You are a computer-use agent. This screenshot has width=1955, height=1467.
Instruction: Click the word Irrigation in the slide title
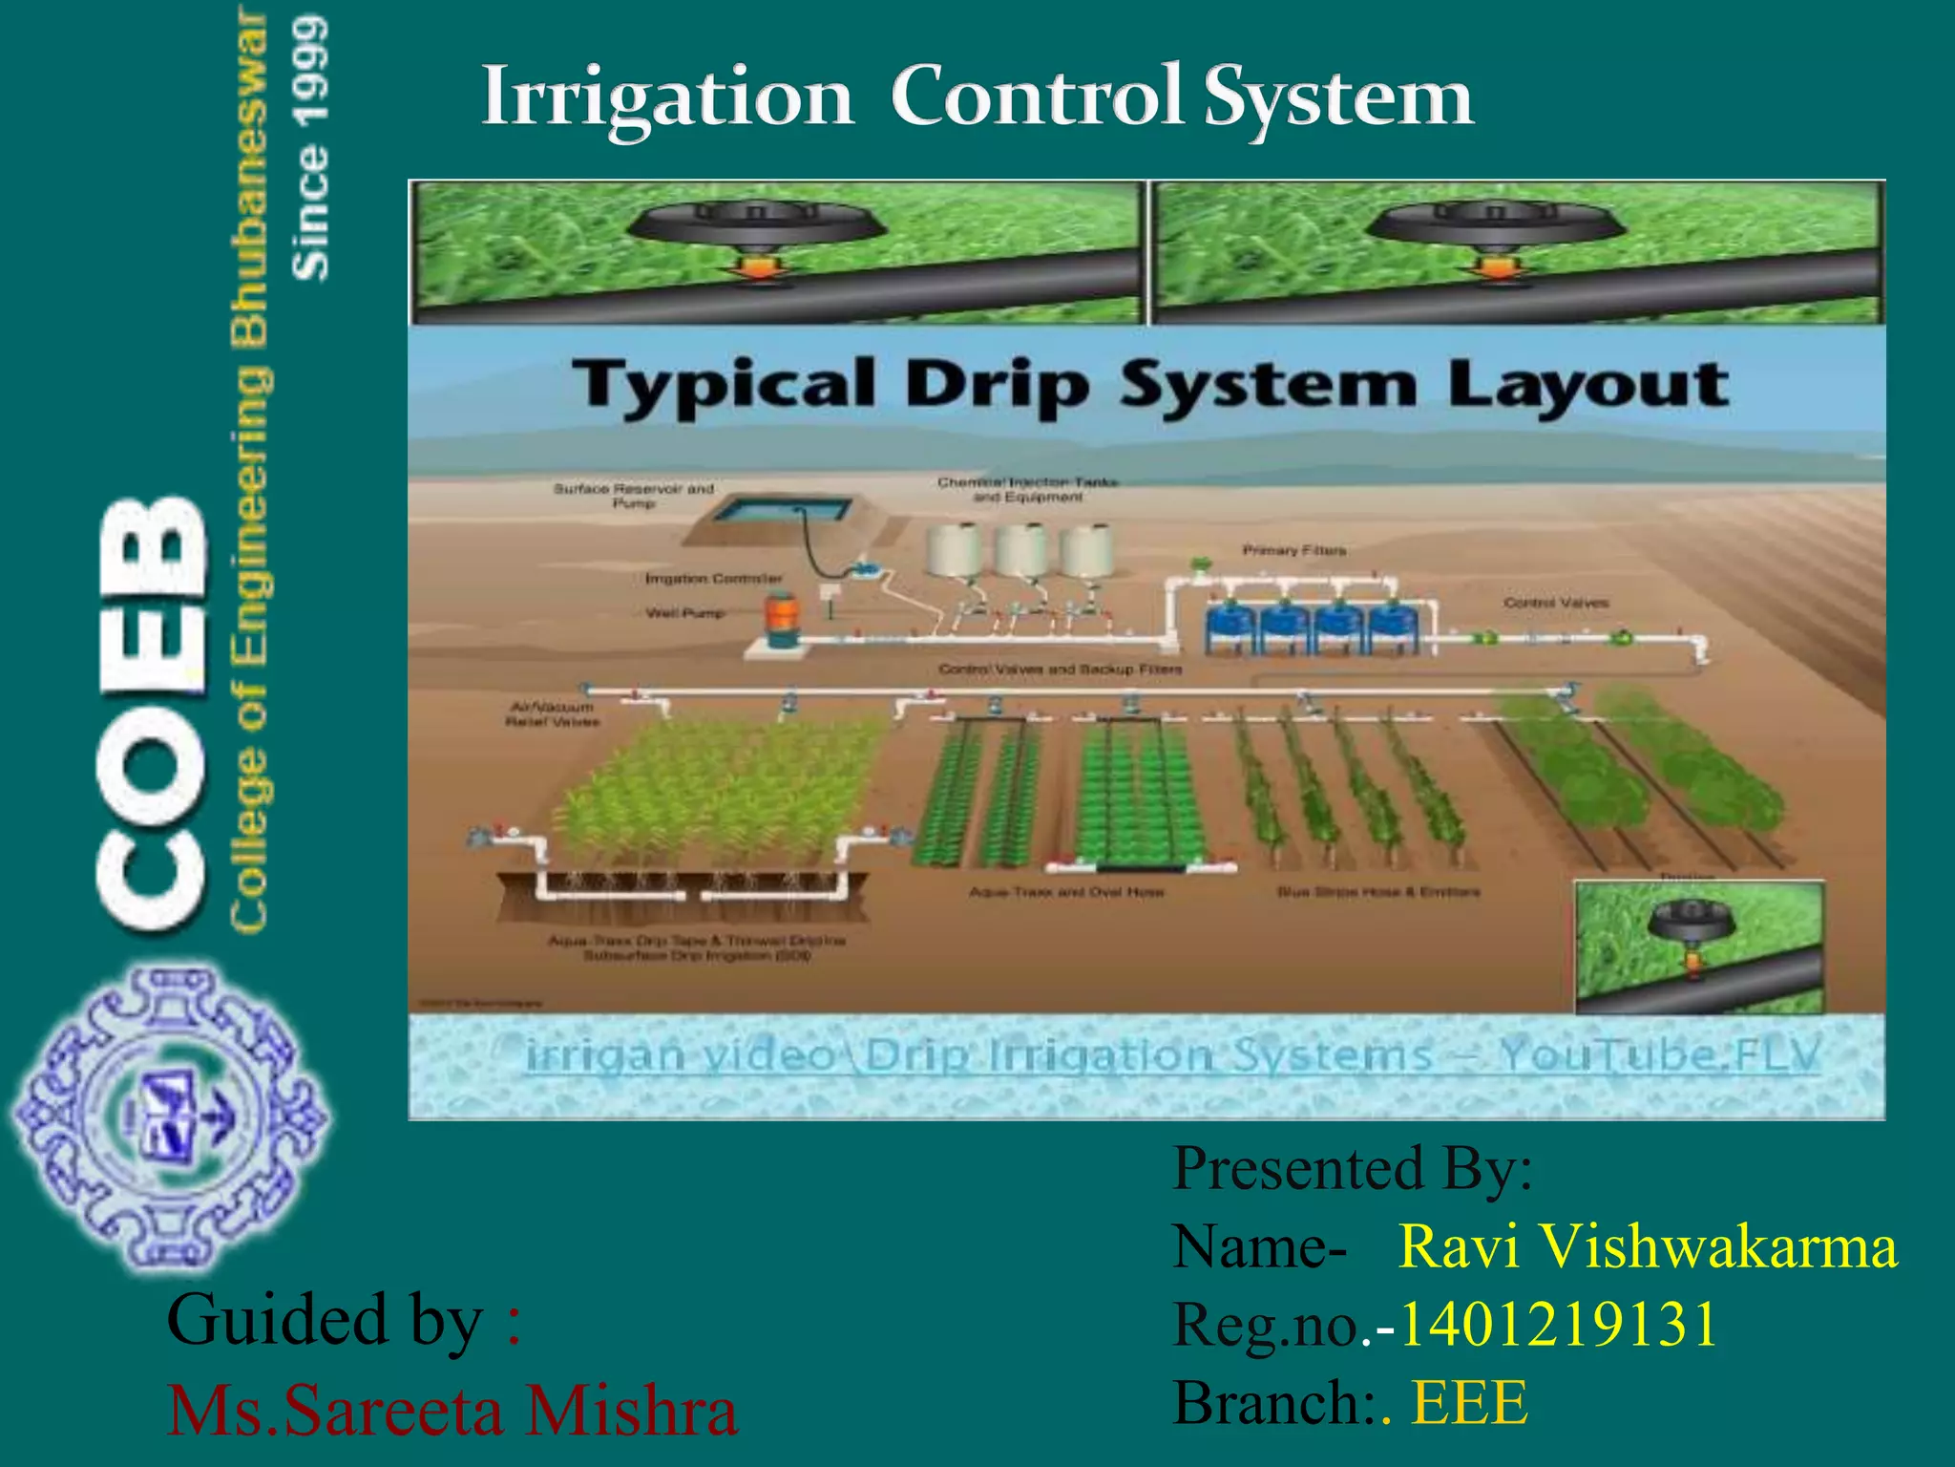[666, 97]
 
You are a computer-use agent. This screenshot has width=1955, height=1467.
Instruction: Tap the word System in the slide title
[1338, 97]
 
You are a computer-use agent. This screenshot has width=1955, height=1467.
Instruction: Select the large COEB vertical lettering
[153, 712]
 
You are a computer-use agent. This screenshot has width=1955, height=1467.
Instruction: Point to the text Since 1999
[311, 148]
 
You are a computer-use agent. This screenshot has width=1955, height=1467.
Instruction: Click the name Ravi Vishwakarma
[1648, 1246]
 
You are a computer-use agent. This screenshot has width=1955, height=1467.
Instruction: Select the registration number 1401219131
[1558, 1325]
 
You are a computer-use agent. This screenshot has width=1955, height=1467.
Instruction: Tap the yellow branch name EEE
[1470, 1403]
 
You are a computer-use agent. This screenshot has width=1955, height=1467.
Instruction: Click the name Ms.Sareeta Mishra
[452, 1411]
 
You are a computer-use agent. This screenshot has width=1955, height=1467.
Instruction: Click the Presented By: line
[1352, 1168]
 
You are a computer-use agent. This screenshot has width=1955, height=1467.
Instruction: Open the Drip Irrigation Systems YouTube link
[1172, 1055]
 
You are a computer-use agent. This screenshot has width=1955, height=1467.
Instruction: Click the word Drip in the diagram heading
[997, 385]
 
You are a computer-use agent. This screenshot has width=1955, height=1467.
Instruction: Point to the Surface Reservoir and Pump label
[634, 495]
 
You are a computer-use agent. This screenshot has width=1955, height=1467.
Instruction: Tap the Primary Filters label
[1293, 550]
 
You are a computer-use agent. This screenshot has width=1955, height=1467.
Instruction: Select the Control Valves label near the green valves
[1556, 603]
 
